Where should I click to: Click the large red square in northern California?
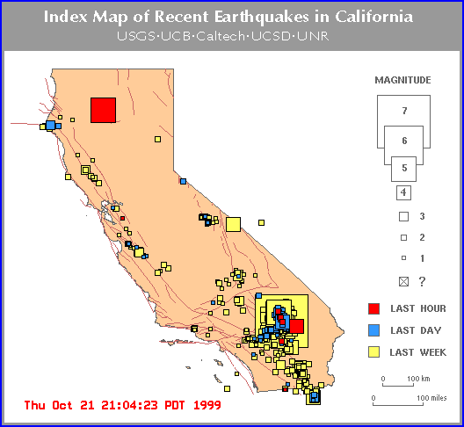click(x=103, y=110)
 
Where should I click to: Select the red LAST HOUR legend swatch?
click(x=373, y=308)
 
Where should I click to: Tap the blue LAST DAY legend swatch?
click(x=373, y=330)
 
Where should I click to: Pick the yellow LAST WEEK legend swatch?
click(x=373, y=352)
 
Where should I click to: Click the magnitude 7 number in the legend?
click(x=404, y=111)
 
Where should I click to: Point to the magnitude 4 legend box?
click(x=403, y=192)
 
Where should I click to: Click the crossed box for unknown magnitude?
click(x=403, y=281)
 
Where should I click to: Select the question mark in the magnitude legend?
click(x=423, y=281)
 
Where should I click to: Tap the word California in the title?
click(x=373, y=17)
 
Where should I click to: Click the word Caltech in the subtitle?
click(x=221, y=36)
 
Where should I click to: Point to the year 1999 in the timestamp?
click(x=207, y=405)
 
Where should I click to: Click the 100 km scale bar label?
click(x=418, y=379)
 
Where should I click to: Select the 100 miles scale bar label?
click(x=431, y=398)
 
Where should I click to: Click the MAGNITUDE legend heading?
click(x=402, y=80)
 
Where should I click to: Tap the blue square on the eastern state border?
click(x=183, y=181)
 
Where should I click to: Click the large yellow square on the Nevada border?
click(x=233, y=224)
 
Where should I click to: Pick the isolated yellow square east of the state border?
click(x=261, y=222)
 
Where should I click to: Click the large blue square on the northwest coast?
click(x=51, y=125)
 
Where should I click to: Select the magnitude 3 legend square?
click(x=403, y=217)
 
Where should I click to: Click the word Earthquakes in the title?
click(x=262, y=17)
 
